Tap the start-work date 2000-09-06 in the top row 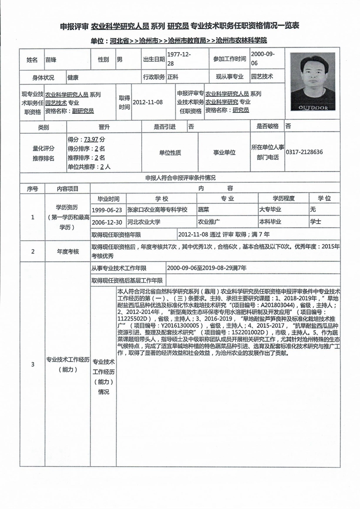263,59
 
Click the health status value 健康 73,77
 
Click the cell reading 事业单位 224,153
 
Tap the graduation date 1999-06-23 106,210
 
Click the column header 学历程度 283,198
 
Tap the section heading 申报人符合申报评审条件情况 180,178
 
